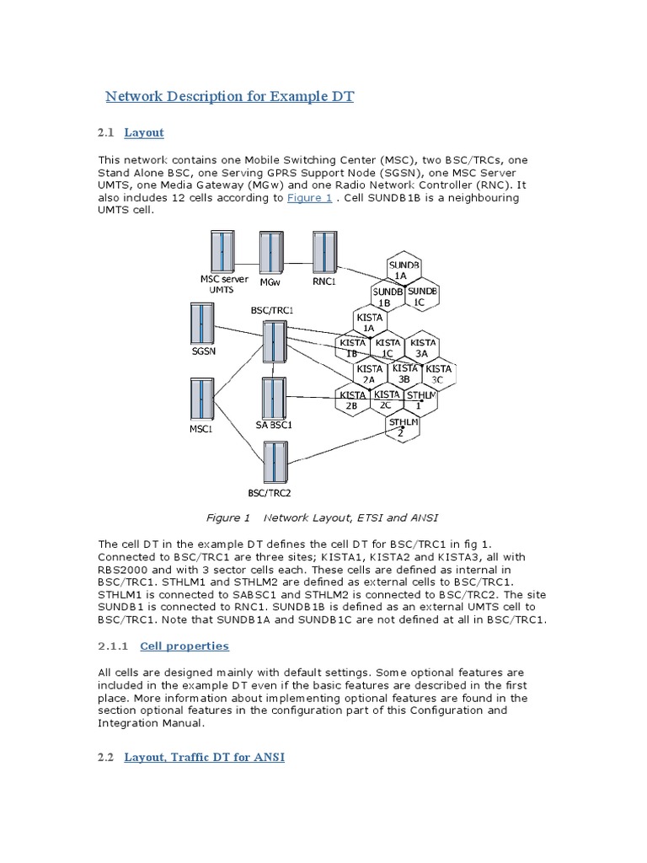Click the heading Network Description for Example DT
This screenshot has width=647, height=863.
coord(229,96)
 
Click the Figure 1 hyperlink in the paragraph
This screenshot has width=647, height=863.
coord(309,197)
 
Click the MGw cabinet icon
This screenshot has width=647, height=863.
coord(270,251)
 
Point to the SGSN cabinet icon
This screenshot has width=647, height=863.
coord(201,323)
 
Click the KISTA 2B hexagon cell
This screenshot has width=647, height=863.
coord(352,399)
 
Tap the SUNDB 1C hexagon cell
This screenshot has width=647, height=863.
coord(422,296)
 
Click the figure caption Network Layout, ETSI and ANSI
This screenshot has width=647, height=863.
coord(323,517)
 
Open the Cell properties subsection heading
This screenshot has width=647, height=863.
coord(184,646)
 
